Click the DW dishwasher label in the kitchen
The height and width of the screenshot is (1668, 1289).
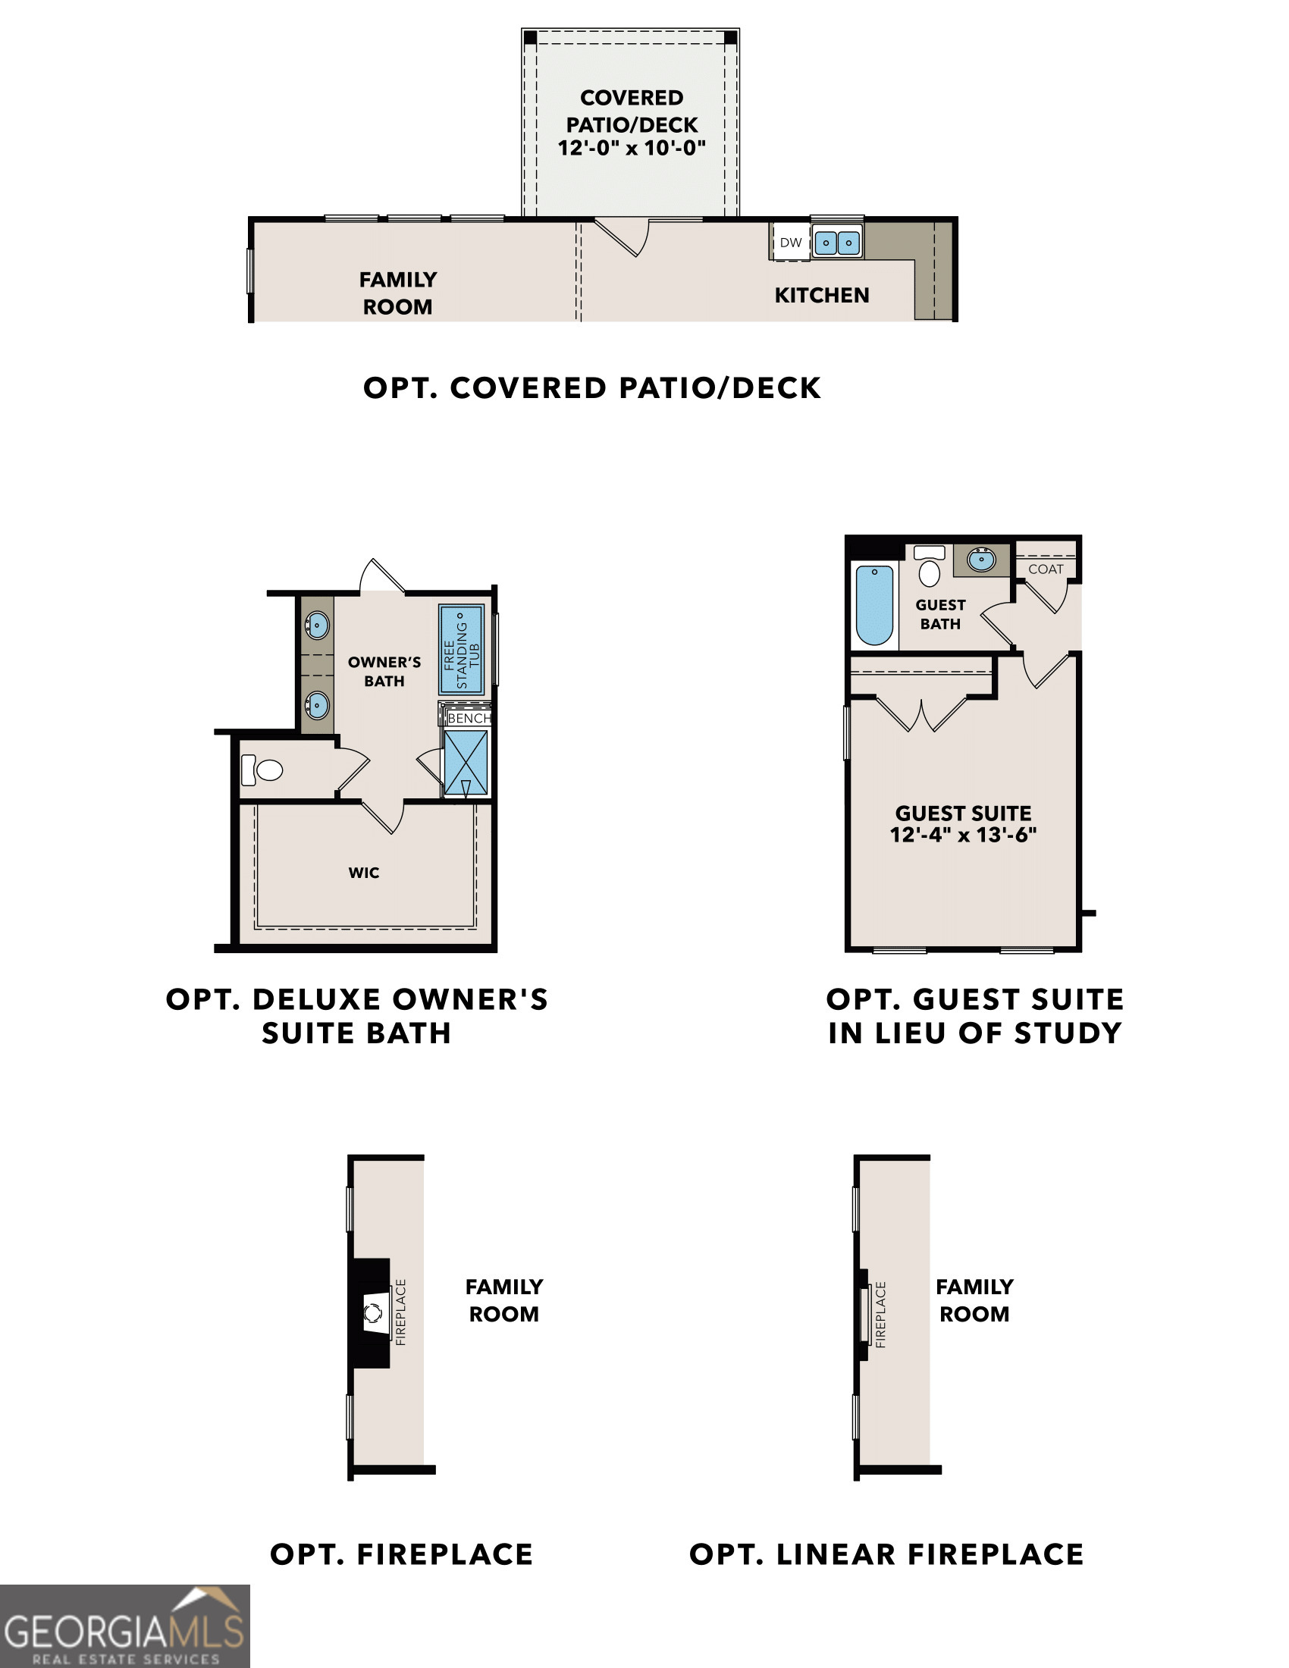pyautogui.click(x=790, y=243)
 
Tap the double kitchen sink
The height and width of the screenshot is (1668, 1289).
pyautogui.click(x=837, y=243)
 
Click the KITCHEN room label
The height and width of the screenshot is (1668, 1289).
pyautogui.click(x=822, y=296)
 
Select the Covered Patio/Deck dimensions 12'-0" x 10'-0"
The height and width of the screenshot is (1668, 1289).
pyautogui.click(x=632, y=148)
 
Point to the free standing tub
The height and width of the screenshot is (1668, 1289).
pyautogui.click(x=461, y=650)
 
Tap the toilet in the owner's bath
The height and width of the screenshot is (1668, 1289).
pyautogui.click(x=262, y=770)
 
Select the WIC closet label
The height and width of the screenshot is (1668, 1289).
pyautogui.click(x=363, y=873)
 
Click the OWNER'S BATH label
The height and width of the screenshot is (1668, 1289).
pyautogui.click(x=384, y=671)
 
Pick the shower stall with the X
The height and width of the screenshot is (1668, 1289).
pyautogui.click(x=466, y=763)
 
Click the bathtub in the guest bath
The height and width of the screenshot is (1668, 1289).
pyautogui.click(x=874, y=606)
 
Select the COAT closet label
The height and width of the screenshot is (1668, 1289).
pyautogui.click(x=1046, y=569)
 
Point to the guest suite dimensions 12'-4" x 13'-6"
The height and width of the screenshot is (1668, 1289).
pyautogui.click(x=963, y=835)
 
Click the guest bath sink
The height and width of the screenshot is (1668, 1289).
pyautogui.click(x=981, y=560)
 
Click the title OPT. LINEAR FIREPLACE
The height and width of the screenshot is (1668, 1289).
pyautogui.click(x=886, y=1555)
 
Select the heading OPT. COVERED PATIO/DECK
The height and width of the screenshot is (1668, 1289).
pyautogui.click(x=592, y=388)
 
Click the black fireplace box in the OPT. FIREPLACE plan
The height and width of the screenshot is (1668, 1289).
pyautogui.click(x=370, y=1313)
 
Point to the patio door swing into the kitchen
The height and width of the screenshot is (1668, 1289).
pyautogui.click(x=623, y=237)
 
